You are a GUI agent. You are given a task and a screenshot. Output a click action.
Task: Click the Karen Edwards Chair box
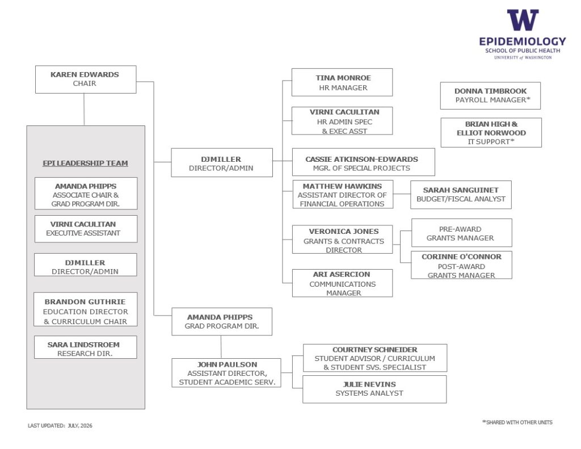(86, 79)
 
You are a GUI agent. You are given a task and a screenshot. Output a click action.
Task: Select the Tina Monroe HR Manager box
(342, 82)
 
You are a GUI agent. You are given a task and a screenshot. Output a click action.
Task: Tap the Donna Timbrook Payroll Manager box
(490, 96)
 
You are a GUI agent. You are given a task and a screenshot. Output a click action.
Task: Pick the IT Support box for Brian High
(491, 133)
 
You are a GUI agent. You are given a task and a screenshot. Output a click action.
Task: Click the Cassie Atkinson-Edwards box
(364, 162)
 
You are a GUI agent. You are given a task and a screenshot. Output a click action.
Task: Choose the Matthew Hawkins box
(343, 194)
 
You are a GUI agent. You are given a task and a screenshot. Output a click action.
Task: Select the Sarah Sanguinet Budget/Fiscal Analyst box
(461, 195)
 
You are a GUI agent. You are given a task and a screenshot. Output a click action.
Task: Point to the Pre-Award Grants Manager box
(462, 233)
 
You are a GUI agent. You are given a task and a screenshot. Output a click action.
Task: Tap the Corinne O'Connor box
(461, 265)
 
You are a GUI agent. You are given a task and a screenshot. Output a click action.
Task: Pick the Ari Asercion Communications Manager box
(342, 283)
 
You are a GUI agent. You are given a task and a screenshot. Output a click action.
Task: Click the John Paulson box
(226, 372)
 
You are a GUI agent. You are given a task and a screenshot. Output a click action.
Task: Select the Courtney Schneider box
(375, 358)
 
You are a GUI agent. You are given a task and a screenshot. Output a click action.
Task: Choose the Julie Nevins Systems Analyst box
(374, 389)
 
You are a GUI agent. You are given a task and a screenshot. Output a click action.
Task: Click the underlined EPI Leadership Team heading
(85, 163)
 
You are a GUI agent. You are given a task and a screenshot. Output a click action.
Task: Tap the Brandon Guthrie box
(85, 309)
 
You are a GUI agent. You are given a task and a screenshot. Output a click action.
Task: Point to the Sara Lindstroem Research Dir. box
(85, 347)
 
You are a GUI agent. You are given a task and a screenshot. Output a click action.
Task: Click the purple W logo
(523, 20)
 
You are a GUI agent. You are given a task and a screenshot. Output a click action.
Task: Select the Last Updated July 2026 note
(60, 426)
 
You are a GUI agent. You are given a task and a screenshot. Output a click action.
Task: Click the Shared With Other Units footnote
(517, 422)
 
